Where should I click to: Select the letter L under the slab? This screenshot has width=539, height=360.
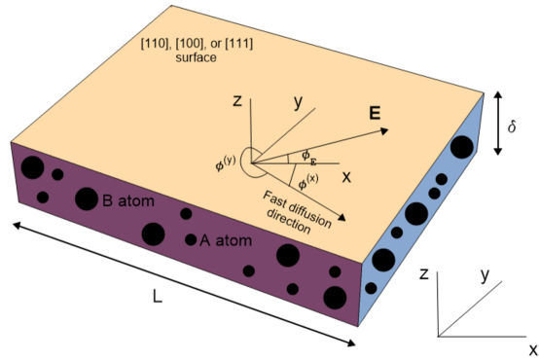pos(157,298)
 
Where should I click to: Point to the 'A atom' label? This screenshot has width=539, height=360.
pos(221,239)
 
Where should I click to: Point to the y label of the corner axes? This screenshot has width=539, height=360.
pos(484,274)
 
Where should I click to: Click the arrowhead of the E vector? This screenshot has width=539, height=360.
pos(384,127)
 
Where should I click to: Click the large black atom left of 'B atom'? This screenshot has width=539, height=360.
pos(86,198)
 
